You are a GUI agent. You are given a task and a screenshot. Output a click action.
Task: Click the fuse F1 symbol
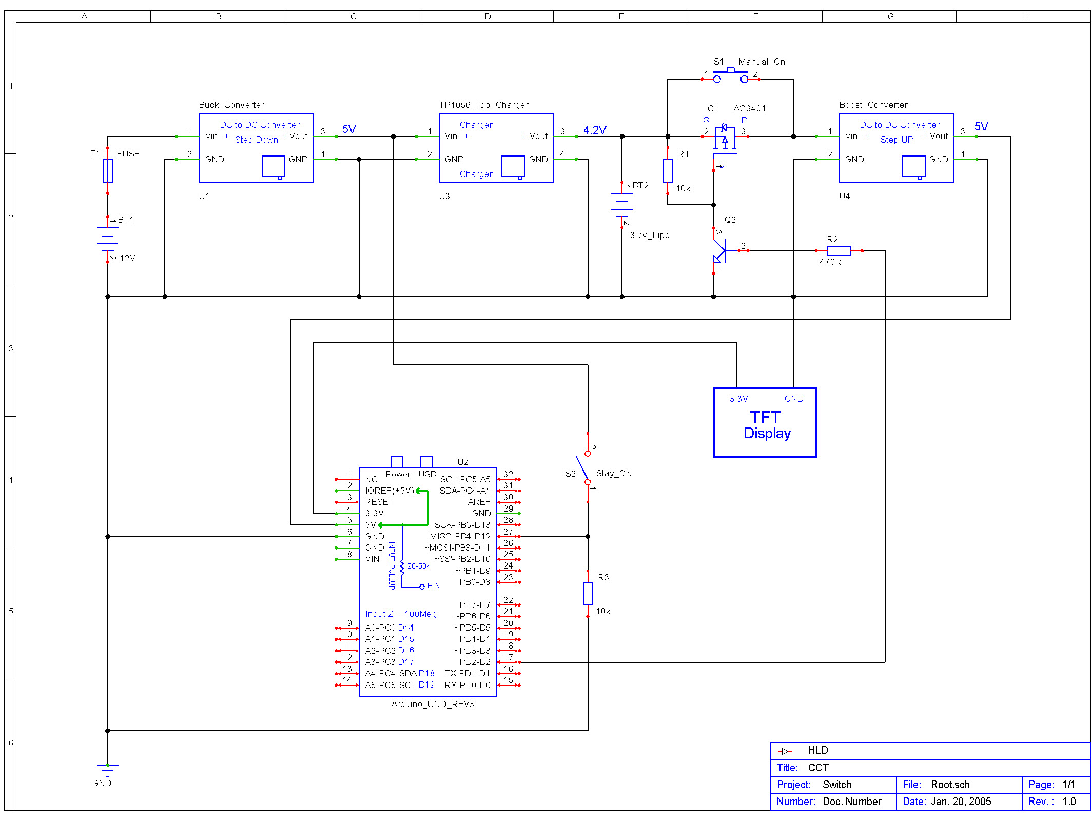tap(108, 170)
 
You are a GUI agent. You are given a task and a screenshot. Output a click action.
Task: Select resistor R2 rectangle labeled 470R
tap(839, 250)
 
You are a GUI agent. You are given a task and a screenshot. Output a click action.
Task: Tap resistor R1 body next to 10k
tap(668, 170)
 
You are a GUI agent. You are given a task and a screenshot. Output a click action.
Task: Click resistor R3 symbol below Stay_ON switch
tap(588, 594)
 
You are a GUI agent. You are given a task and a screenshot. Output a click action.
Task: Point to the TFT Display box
tap(765, 422)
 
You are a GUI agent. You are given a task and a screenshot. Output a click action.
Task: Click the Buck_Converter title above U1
tap(231, 105)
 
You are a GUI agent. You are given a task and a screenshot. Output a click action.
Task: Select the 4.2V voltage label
tap(595, 130)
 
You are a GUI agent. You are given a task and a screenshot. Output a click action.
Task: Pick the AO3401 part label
tap(749, 108)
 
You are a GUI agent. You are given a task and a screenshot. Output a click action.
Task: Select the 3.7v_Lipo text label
tap(650, 235)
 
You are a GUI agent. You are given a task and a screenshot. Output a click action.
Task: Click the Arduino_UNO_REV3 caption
tap(433, 704)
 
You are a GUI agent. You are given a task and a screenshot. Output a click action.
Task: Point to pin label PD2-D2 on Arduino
tap(475, 662)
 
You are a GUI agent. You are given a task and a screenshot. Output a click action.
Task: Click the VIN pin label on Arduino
tap(373, 559)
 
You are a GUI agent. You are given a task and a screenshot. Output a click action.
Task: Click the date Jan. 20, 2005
tap(961, 802)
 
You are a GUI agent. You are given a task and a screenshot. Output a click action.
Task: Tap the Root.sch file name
tap(950, 785)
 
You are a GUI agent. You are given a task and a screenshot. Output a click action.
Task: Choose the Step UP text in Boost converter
tap(896, 140)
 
